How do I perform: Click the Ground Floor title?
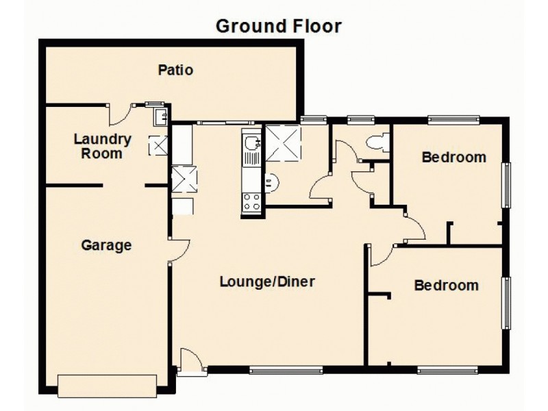click(278, 26)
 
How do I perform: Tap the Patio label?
click(175, 70)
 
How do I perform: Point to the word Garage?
click(106, 245)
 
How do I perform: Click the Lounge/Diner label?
click(267, 282)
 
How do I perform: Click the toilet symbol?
click(377, 142)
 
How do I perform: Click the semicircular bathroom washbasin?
click(270, 182)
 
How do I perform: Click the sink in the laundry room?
click(162, 116)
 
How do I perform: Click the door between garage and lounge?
click(177, 251)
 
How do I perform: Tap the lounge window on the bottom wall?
click(286, 371)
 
